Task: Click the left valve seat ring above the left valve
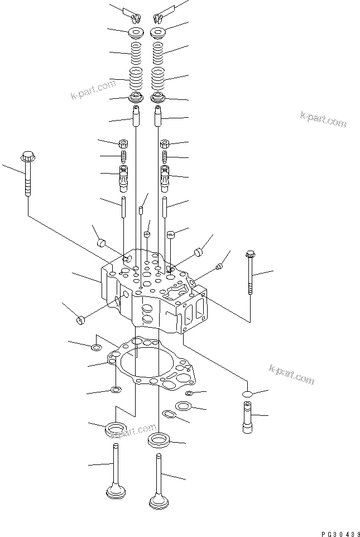pos(116,430)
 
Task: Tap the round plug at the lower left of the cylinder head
pos(80,319)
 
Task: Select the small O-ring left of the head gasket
pos(96,349)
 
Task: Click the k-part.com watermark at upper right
pos(323,119)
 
